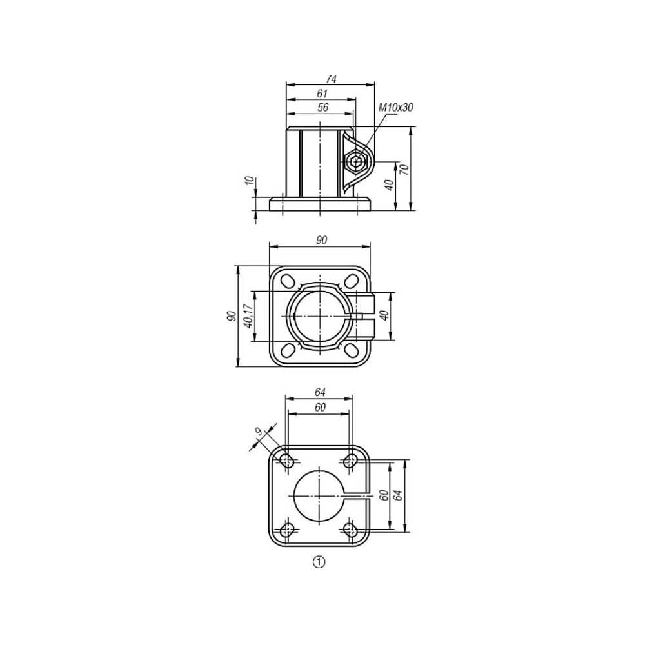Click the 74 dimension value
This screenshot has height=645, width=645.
331,79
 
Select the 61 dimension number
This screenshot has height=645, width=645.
322,94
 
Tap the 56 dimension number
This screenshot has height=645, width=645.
323,107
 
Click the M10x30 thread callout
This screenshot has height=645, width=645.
396,108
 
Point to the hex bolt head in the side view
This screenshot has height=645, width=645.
356,162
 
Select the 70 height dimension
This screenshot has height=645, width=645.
404,168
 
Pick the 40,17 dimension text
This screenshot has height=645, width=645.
248,316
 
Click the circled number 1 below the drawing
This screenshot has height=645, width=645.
319,562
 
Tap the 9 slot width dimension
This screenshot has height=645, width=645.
259,432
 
